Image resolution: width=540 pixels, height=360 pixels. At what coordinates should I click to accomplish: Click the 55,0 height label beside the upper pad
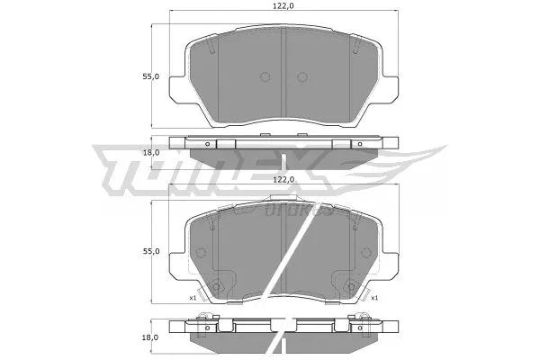151,76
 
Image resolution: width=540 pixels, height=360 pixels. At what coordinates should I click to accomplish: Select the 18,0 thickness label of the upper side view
151,152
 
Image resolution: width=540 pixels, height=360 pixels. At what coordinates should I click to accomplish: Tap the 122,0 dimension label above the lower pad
283,180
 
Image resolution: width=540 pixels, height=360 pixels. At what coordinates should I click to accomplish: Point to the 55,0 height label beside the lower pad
151,251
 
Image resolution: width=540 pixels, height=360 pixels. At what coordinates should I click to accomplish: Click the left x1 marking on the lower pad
193,297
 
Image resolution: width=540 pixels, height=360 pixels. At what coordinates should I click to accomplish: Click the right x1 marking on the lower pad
373,297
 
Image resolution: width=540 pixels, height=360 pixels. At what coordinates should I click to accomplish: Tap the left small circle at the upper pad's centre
264,76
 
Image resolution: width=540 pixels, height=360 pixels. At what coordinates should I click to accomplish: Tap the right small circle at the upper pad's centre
303,76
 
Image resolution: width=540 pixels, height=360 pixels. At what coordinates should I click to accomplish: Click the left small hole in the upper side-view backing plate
207,144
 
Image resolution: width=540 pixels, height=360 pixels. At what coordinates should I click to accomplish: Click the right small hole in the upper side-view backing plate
360,144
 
